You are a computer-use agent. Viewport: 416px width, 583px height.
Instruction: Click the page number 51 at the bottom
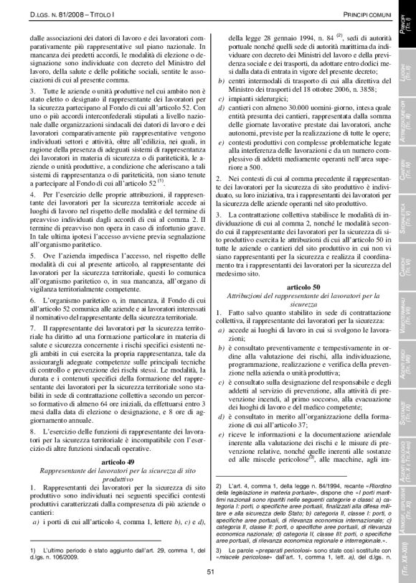point(211,571)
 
